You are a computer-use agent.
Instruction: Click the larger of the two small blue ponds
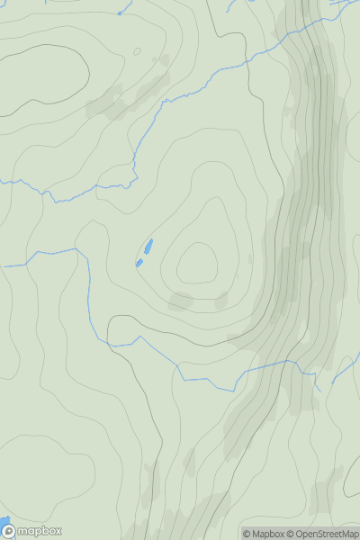(x=148, y=246)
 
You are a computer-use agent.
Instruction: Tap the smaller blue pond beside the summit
(x=139, y=263)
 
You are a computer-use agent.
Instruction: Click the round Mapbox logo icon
(x=8, y=531)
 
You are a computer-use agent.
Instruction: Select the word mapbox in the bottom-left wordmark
(x=39, y=531)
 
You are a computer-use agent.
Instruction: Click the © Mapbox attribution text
(x=265, y=534)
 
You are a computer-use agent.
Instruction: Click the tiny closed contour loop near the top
(x=137, y=51)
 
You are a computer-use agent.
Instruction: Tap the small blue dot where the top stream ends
(x=120, y=13)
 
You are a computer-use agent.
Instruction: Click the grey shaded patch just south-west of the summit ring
(x=180, y=301)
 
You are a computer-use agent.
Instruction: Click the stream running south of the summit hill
(x=207, y=378)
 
